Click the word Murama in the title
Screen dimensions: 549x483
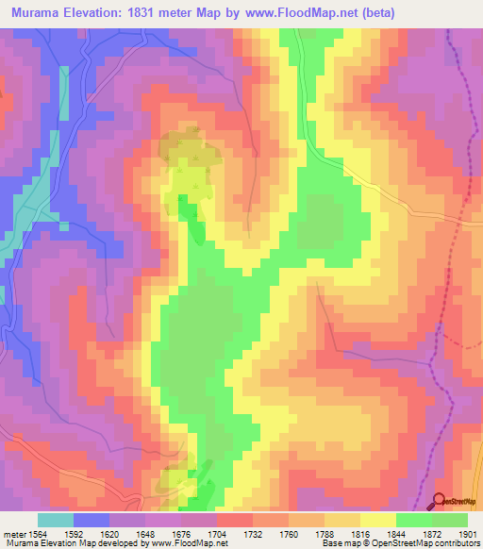[x=40, y=13]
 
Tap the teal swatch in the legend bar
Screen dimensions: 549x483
[x=56, y=520]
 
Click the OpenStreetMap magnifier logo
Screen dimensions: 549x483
[x=439, y=503]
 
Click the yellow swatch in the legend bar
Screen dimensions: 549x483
[x=378, y=520]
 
